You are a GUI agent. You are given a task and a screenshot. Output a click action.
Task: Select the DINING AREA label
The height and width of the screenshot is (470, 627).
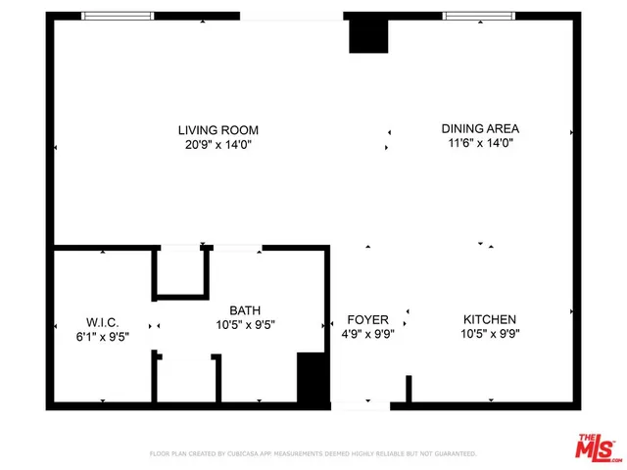click(x=480, y=128)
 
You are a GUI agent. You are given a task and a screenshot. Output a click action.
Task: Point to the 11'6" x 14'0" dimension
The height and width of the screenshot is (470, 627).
click(x=480, y=142)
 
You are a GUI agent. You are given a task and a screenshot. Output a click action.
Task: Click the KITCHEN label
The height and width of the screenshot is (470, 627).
click(x=490, y=319)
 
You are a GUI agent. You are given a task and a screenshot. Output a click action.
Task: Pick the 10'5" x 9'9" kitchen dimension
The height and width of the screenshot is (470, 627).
click(x=490, y=333)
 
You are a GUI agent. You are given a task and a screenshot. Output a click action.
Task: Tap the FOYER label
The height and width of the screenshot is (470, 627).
click(x=368, y=320)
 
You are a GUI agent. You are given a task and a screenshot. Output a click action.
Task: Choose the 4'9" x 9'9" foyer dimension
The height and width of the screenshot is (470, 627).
click(x=368, y=334)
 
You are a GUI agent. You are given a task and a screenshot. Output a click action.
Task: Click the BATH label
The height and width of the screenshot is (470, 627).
click(x=245, y=309)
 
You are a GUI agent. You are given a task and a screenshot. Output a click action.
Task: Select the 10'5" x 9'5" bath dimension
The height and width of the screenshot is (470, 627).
click(x=245, y=324)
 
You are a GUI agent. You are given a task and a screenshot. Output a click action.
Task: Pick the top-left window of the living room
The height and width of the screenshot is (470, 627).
click(x=118, y=16)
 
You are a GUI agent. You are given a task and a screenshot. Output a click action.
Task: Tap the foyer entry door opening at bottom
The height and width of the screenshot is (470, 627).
click(x=361, y=404)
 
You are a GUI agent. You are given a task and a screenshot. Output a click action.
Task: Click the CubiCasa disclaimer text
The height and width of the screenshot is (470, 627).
click(x=313, y=454)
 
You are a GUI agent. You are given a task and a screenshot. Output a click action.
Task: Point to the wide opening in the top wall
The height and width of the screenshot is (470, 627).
click(x=291, y=16)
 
